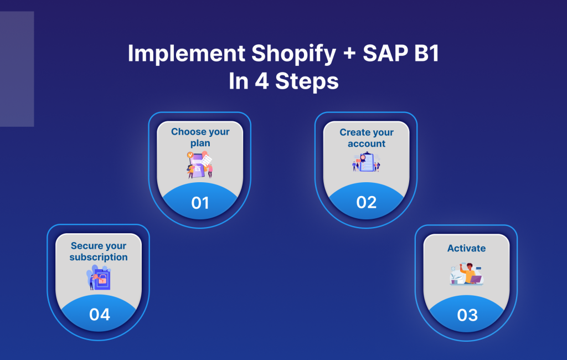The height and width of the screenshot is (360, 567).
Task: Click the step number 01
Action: [x=200, y=203]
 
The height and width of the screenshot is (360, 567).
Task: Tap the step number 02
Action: [x=367, y=202]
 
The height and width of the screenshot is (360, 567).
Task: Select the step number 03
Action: [x=467, y=315]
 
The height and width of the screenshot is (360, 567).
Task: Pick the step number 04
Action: [x=100, y=315]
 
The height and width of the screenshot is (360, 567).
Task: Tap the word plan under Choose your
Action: [x=200, y=143]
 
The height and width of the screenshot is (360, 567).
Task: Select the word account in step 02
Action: [x=367, y=143]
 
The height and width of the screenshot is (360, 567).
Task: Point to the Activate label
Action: [x=466, y=248]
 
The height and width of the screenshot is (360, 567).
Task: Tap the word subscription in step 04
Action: [x=99, y=257]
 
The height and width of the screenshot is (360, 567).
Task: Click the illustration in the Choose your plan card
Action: [x=200, y=165]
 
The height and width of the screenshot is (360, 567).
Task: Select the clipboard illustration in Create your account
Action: [x=367, y=163]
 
